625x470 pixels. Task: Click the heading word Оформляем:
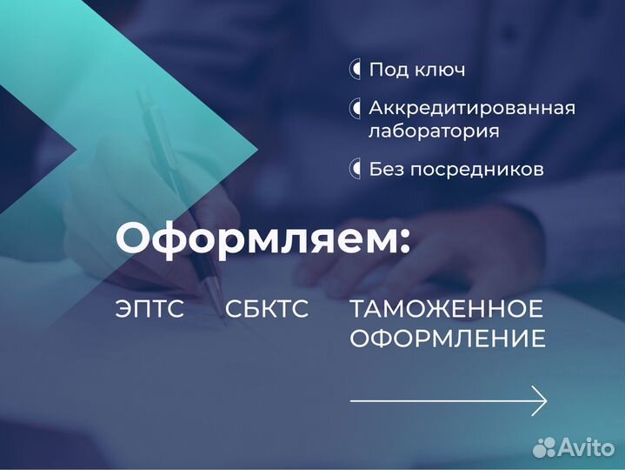[261, 238]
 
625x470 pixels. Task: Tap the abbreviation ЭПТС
[150, 309]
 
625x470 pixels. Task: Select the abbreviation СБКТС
[267, 309]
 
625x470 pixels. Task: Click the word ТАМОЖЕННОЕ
[447, 309]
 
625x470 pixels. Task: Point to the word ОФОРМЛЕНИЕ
[448, 339]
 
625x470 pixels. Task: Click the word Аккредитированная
[472, 109]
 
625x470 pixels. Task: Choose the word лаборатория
[434, 131]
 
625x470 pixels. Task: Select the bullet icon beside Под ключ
[356, 69]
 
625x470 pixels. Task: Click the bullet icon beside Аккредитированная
[356, 109]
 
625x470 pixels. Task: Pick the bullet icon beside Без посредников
[356, 168]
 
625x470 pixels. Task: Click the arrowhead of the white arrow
[539, 400]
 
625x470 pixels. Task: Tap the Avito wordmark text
[586, 447]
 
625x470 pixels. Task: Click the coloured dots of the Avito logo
[544, 447]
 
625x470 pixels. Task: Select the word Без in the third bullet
[385, 169]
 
